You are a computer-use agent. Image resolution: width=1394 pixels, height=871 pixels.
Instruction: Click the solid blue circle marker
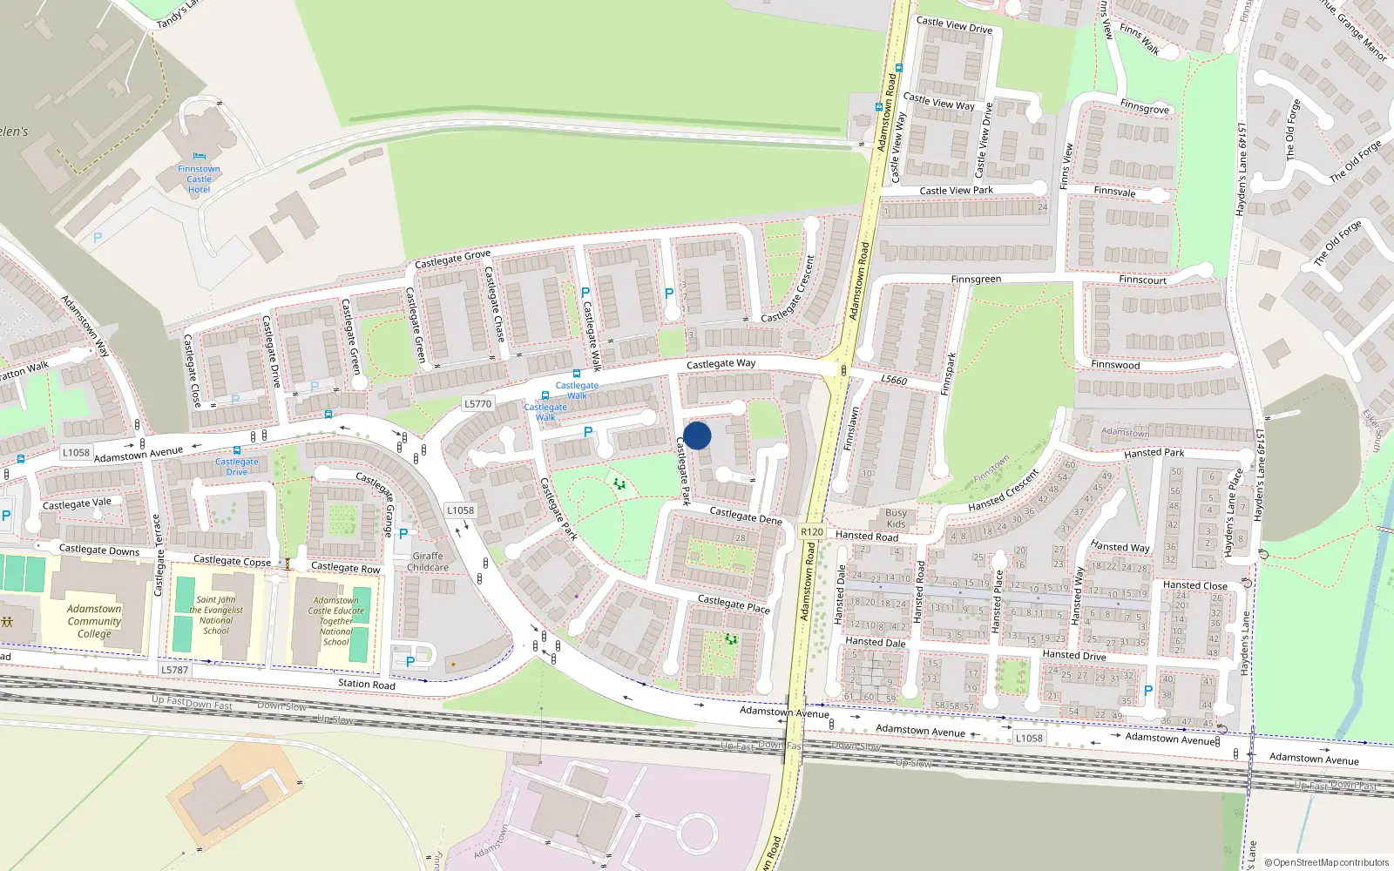click(697, 435)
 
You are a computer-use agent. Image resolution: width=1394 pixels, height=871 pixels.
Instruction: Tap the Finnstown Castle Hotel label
click(199, 179)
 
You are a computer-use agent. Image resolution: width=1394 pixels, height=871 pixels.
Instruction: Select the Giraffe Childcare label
click(428, 562)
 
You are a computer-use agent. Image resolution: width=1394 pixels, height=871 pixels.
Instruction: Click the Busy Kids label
click(896, 518)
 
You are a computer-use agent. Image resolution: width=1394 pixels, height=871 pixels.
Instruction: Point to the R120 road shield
click(811, 531)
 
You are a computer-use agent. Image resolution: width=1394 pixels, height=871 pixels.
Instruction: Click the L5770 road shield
click(477, 404)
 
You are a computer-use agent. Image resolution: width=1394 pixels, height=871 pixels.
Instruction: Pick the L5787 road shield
click(174, 670)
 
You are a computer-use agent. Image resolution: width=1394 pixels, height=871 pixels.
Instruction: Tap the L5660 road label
click(894, 380)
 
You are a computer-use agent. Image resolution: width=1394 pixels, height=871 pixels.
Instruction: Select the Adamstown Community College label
click(94, 621)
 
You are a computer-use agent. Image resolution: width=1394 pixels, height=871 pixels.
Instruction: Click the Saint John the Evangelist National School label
click(216, 615)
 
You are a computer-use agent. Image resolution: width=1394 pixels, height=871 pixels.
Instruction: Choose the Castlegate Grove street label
click(452, 259)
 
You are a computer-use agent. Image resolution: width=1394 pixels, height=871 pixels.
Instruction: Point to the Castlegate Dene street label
click(746, 516)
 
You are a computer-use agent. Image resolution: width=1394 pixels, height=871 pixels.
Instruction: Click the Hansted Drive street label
click(1074, 655)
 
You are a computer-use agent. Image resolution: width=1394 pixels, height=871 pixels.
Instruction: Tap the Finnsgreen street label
click(976, 280)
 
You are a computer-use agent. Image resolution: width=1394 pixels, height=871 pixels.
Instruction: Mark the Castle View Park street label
click(956, 191)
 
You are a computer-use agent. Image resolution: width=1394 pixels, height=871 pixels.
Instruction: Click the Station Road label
click(367, 684)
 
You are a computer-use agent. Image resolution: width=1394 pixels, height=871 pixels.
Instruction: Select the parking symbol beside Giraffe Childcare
click(403, 534)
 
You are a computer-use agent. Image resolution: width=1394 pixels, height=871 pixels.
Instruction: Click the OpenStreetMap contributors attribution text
click(1326, 862)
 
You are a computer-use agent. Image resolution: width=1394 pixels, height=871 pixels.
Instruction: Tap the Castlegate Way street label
click(721, 364)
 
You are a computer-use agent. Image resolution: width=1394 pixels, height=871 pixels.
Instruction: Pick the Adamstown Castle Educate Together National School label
click(336, 621)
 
